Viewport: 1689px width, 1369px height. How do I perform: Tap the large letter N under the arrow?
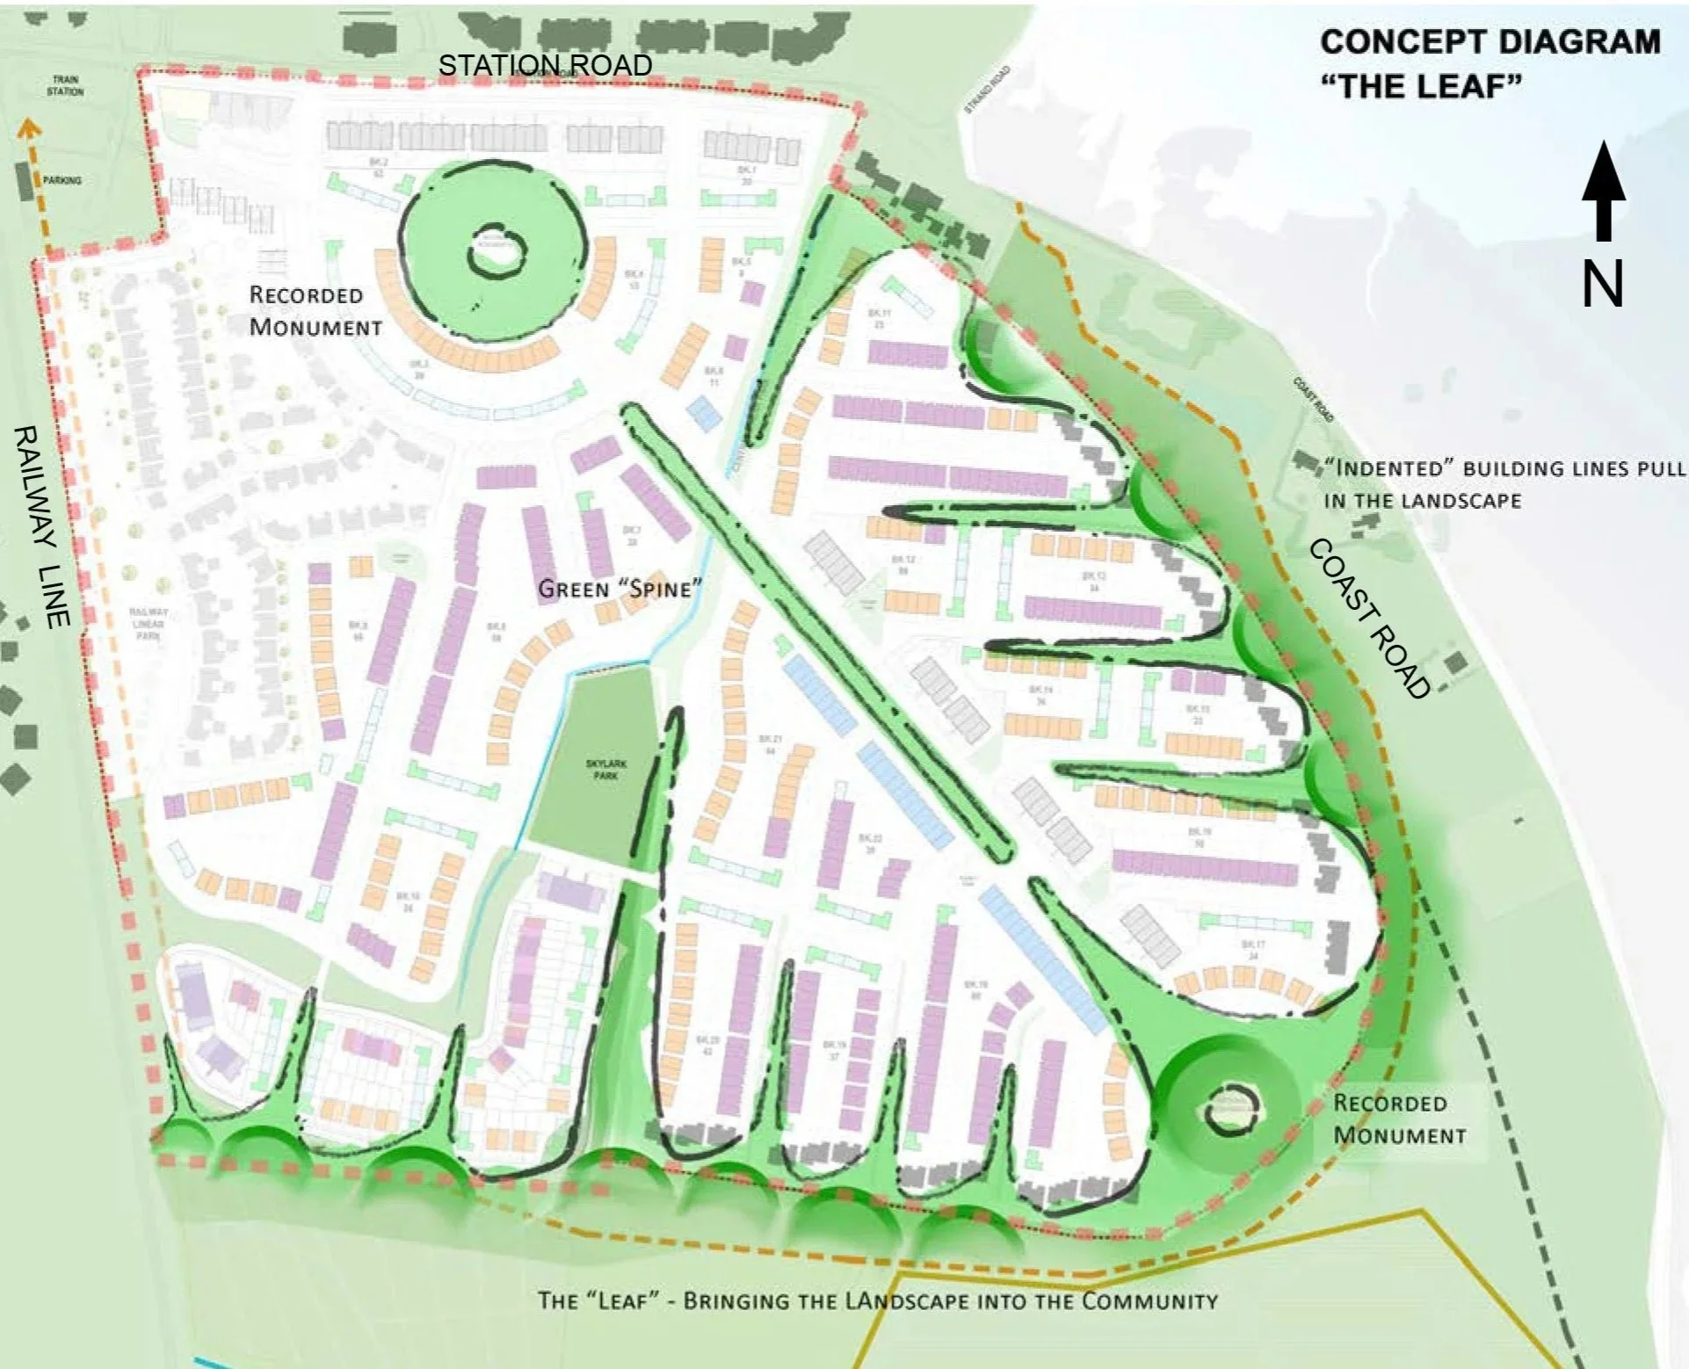(x=1602, y=284)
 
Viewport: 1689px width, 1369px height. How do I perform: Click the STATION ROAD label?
(x=545, y=65)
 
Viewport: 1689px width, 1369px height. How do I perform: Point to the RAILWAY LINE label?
(x=41, y=526)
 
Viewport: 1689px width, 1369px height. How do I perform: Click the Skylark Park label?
(x=606, y=770)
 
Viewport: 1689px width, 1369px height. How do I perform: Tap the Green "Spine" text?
(x=620, y=589)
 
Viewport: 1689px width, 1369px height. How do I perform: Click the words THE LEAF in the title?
(x=1421, y=86)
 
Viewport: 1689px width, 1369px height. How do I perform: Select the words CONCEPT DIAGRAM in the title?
(x=1490, y=41)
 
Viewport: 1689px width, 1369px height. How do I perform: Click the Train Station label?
(x=65, y=85)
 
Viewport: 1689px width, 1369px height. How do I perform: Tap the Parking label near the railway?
(x=62, y=180)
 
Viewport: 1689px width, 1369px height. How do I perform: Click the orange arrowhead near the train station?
(x=29, y=130)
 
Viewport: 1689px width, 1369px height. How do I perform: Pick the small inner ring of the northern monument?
(x=498, y=250)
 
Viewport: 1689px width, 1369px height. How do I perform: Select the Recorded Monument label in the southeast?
(x=1399, y=1119)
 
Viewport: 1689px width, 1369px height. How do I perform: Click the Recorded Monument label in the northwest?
(x=315, y=311)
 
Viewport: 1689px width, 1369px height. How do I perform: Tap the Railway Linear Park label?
(x=148, y=623)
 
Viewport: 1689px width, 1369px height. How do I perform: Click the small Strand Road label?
(x=987, y=89)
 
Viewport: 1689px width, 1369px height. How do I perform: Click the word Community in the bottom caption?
(x=1149, y=1300)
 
